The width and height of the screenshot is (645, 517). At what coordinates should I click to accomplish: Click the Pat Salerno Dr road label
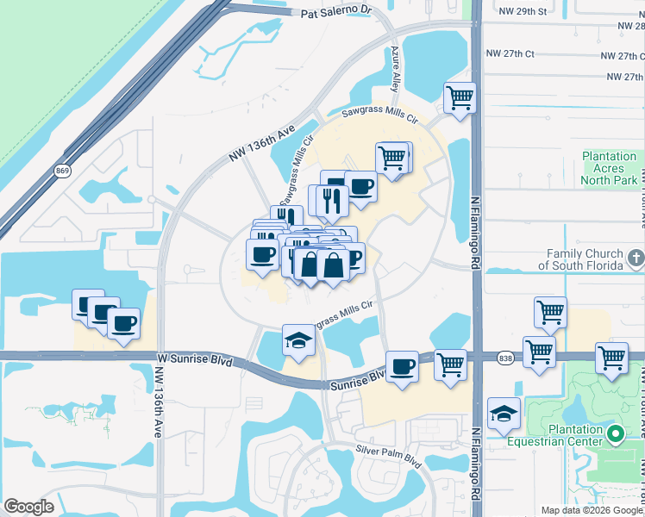point(335,12)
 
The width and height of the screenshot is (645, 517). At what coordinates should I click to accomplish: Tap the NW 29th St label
point(523,11)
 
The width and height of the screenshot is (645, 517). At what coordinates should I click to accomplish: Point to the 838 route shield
point(505,356)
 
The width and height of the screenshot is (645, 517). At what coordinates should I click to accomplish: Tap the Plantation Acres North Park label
point(609,168)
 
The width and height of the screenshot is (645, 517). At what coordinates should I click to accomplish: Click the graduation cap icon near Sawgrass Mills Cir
point(299,339)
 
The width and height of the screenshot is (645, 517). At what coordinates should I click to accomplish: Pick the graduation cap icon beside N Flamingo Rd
point(504,413)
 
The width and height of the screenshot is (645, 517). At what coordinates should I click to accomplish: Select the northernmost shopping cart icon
point(460,97)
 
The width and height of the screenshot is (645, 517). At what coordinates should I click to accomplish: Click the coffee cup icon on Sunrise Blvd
point(402,366)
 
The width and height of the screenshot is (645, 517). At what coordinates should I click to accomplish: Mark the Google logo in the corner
point(29,507)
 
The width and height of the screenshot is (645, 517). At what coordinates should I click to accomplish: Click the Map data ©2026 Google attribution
point(592,510)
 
